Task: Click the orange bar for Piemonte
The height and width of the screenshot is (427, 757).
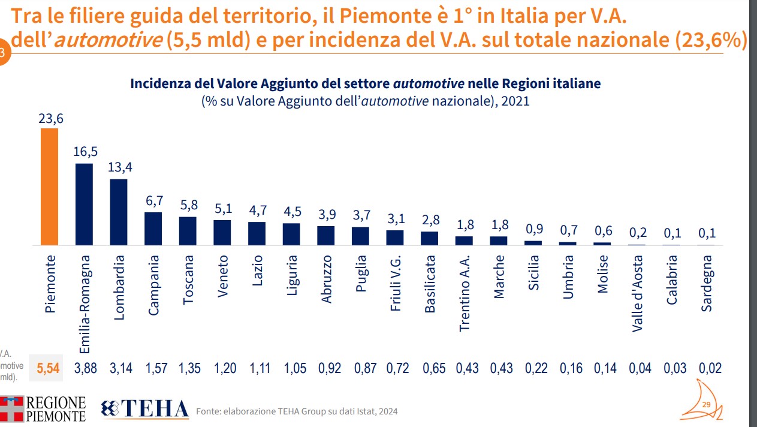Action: pyautogui.click(x=49, y=187)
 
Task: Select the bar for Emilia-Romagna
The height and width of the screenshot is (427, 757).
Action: pyautogui.click(x=84, y=205)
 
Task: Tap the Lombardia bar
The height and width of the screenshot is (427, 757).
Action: pyautogui.click(x=119, y=212)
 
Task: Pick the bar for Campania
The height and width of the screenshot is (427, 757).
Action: pyautogui.click(x=153, y=229)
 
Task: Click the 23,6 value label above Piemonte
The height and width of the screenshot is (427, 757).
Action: pyautogui.click(x=50, y=119)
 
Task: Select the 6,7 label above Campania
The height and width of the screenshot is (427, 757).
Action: pyautogui.click(x=154, y=202)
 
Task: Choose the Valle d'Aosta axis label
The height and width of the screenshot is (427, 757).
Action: pyautogui.click(x=638, y=293)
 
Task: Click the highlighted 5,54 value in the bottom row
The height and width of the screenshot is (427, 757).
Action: pyautogui.click(x=49, y=369)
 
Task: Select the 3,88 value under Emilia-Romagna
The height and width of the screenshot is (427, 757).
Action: pyautogui.click(x=85, y=369)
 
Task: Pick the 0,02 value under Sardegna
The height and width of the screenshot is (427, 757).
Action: pyautogui.click(x=710, y=369)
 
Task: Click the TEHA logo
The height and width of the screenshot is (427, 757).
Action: pyautogui.click(x=146, y=409)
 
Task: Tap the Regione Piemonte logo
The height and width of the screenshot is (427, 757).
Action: pyautogui.click(x=43, y=409)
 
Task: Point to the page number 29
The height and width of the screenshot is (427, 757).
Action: pyautogui.click(x=705, y=405)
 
